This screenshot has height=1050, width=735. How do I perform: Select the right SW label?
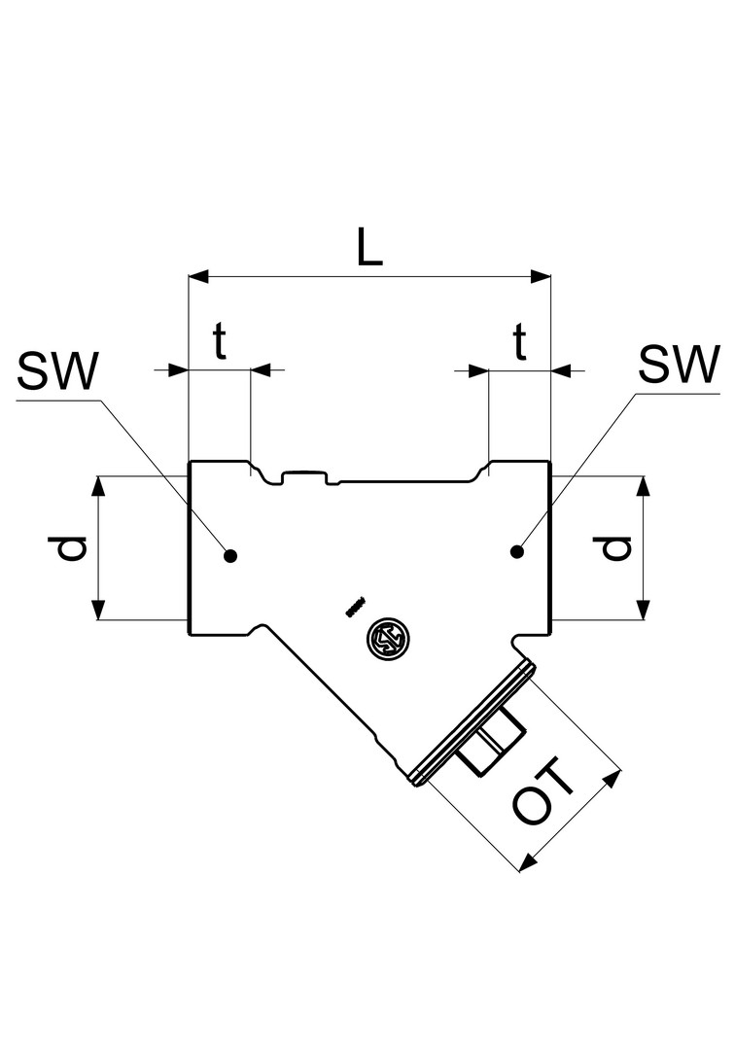679,365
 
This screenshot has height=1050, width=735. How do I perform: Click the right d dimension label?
616,548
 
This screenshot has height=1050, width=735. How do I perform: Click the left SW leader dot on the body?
229,556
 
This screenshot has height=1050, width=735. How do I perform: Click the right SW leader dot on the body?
517,552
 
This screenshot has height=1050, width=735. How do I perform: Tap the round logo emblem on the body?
391,640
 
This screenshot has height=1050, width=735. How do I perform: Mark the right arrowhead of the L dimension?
541,277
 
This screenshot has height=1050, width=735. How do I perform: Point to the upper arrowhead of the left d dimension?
98,485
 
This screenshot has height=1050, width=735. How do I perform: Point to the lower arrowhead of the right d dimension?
643,610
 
